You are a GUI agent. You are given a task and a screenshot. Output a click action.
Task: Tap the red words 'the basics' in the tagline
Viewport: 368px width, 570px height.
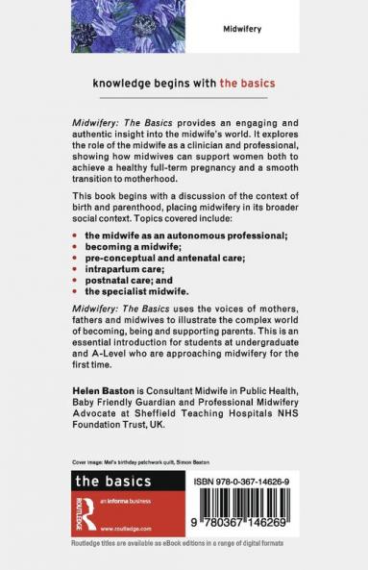(249, 84)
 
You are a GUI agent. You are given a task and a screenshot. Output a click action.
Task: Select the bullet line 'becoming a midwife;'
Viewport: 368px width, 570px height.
(126, 246)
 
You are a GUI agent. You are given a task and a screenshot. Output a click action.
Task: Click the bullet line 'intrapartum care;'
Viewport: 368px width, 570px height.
(120, 269)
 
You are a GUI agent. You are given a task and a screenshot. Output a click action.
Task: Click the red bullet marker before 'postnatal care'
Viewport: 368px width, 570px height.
(75, 281)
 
